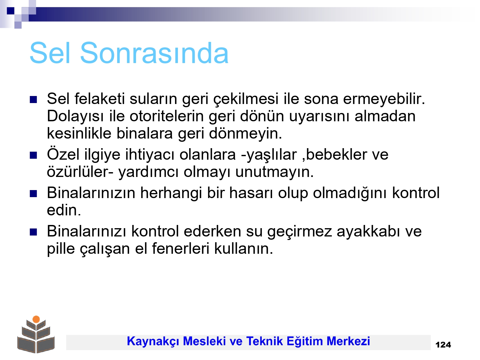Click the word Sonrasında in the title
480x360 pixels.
point(154,53)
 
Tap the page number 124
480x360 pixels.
point(443,345)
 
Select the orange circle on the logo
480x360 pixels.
point(36,319)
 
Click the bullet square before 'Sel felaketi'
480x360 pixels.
point(33,100)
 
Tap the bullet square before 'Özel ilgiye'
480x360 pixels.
point(33,156)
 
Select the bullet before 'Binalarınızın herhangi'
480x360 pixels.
point(33,194)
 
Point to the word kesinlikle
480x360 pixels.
point(79,133)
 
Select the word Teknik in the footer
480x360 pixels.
point(264,341)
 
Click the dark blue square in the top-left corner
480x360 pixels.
point(11,11)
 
